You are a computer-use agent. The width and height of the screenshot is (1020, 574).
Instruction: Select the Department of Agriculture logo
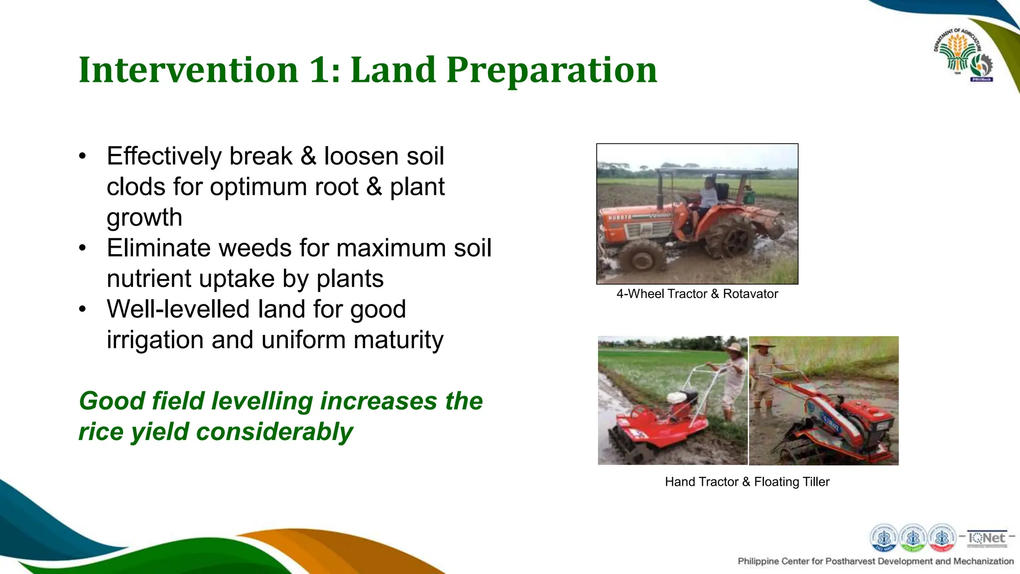point(962,55)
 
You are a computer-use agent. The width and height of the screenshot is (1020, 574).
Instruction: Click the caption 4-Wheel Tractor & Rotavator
point(697,294)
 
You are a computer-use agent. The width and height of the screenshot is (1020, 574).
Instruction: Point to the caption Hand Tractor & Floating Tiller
point(747,482)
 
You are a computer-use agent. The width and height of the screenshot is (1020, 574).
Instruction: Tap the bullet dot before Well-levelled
point(83,309)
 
